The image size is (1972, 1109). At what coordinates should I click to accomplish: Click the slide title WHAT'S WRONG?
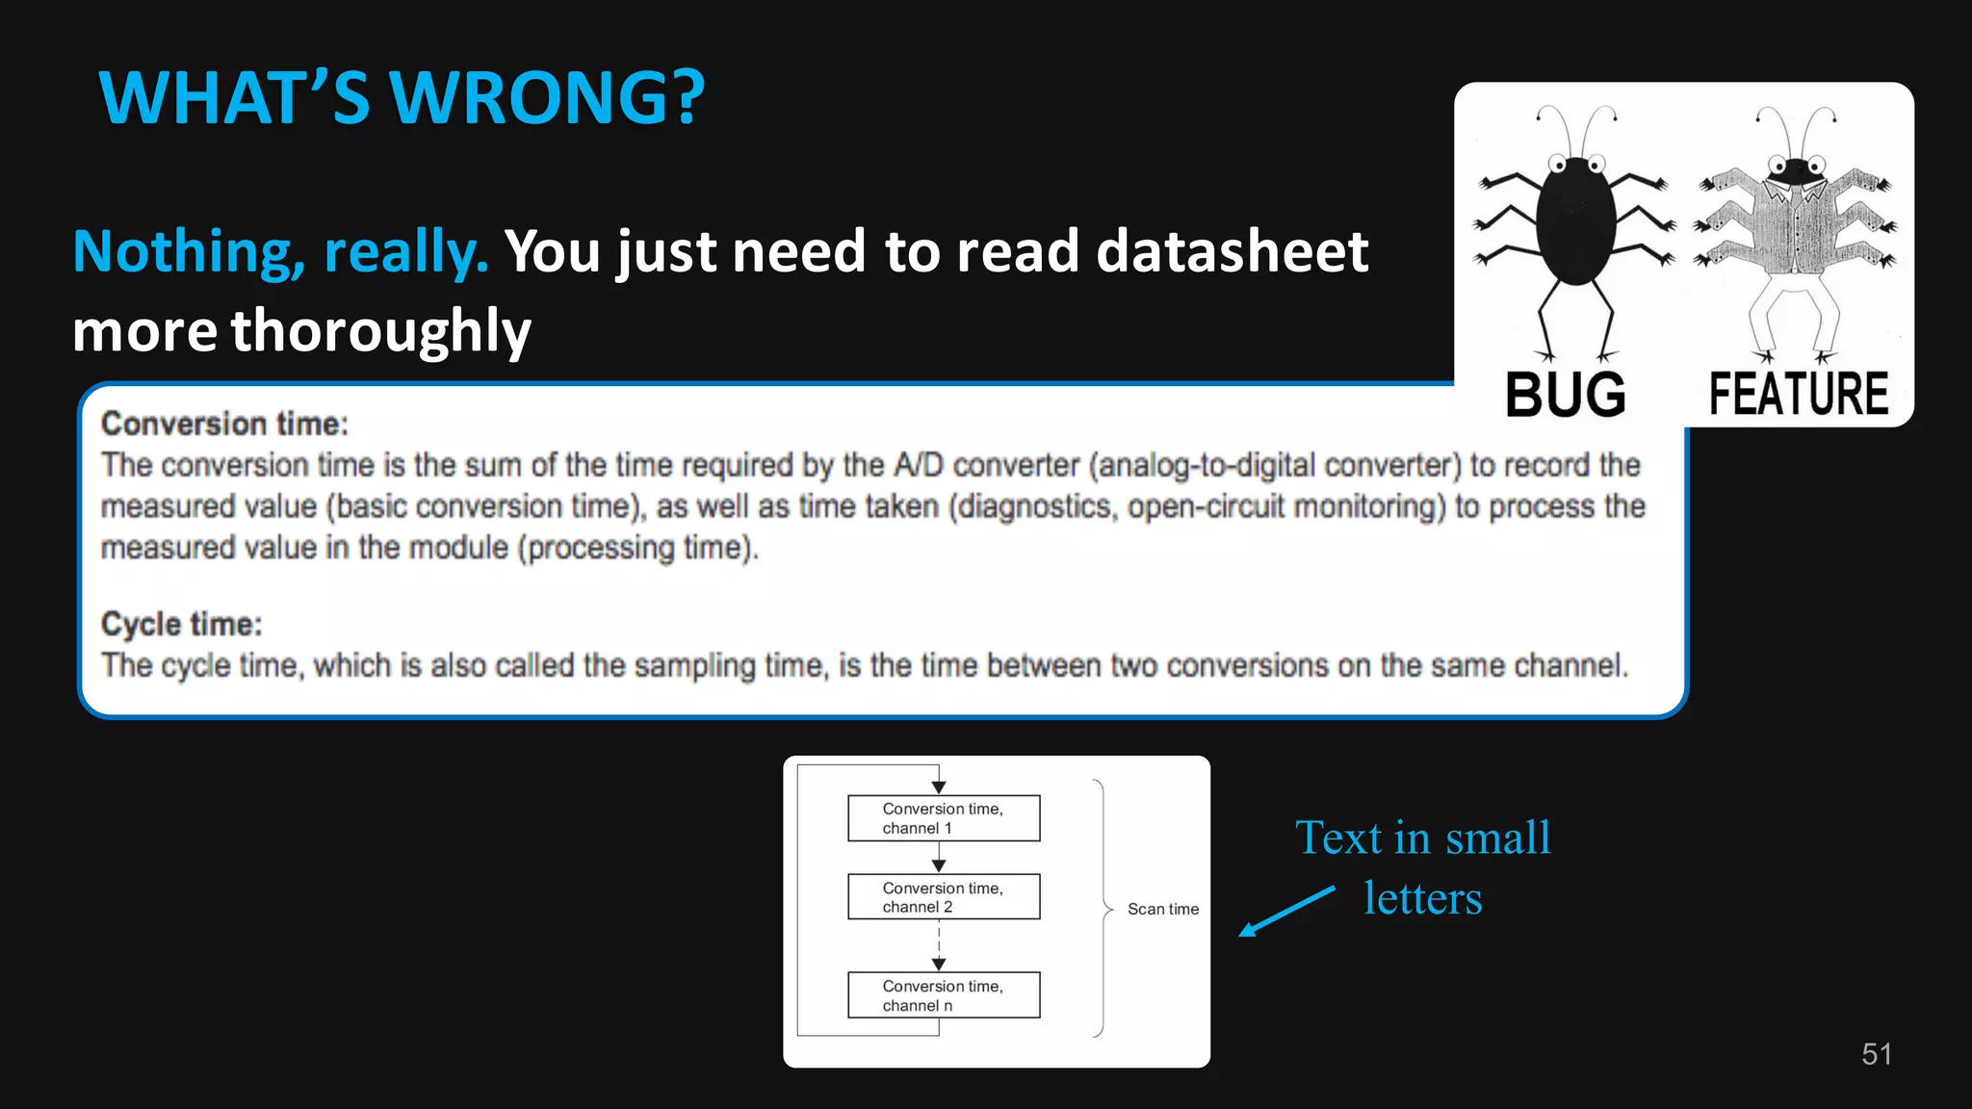[x=402, y=98]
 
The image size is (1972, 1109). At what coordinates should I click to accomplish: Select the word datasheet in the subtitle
[x=1232, y=252]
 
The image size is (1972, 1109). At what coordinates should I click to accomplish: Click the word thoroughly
[x=380, y=331]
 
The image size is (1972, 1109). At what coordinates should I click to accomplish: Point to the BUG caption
[x=1566, y=395]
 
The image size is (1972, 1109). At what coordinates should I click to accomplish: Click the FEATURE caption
[x=1798, y=394]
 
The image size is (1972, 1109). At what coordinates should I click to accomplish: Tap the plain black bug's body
[x=1575, y=221]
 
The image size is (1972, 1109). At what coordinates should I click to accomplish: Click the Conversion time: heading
[x=224, y=424]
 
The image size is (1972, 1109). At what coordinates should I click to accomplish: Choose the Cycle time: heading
[x=181, y=624]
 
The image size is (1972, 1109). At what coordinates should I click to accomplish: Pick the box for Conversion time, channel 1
[x=943, y=818]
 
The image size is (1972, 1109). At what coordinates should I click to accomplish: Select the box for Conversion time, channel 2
[x=943, y=897]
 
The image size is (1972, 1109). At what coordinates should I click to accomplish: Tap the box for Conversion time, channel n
[x=943, y=995]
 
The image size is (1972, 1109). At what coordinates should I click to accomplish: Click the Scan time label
[x=1163, y=909]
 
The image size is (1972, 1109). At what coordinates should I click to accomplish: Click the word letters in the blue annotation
[x=1422, y=899]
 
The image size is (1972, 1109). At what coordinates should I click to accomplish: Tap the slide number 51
[x=1876, y=1054]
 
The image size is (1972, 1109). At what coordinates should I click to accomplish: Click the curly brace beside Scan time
[x=1103, y=908]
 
